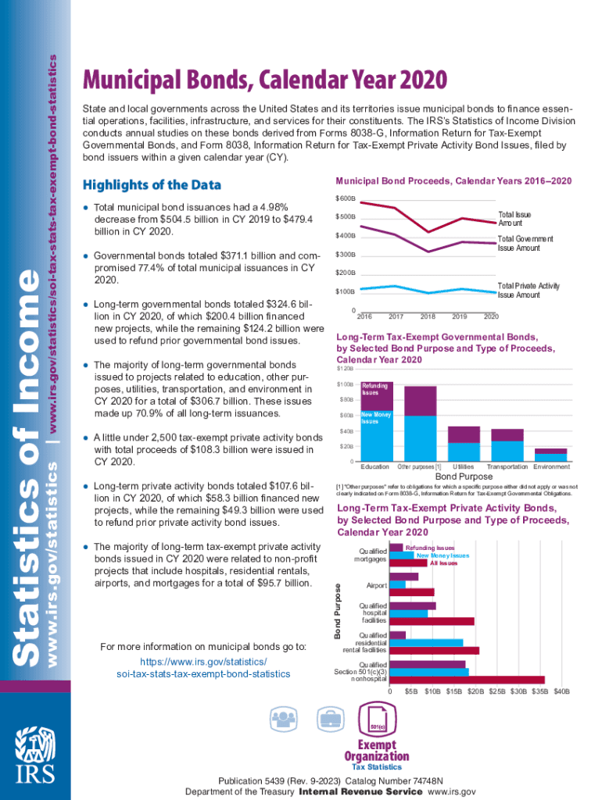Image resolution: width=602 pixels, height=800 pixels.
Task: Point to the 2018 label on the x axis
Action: pyautogui.click(x=428, y=316)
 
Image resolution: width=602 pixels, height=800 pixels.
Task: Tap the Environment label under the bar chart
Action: pyautogui.click(x=551, y=466)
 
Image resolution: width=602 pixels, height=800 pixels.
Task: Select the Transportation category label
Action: pyautogui.click(x=507, y=466)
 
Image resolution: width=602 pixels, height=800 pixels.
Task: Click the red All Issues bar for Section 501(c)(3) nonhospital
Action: pyautogui.click(x=467, y=680)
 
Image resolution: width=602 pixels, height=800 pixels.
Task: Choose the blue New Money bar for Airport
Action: pyautogui.click(x=397, y=584)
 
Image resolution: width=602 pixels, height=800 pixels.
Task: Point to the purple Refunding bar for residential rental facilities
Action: pyautogui.click(x=397, y=634)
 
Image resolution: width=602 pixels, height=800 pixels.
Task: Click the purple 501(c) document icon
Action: pyautogui.click(x=377, y=717)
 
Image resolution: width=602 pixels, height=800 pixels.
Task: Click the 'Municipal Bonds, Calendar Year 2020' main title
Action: pyautogui.click(x=266, y=80)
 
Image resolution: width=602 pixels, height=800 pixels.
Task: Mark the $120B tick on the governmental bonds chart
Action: pyautogui.click(x=345, y=368)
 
